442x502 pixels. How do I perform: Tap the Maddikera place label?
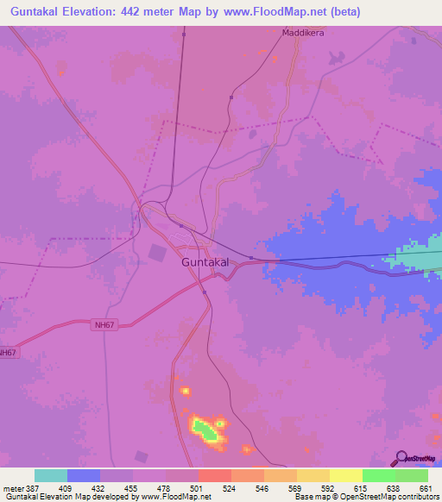click(x=303, y=33)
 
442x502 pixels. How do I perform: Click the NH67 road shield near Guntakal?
click(x=104, y=325)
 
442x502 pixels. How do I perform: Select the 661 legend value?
click(x=426, y=487)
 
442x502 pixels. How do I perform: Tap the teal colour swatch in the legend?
click(x=51, y=475)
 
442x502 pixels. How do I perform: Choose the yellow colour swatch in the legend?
click(x=346, y=475)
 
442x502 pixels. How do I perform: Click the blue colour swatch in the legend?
click(x=84, y=475)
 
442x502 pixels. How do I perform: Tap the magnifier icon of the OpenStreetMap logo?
click(x=399, y=459)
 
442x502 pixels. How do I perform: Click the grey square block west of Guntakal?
click(x=157, y=253)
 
